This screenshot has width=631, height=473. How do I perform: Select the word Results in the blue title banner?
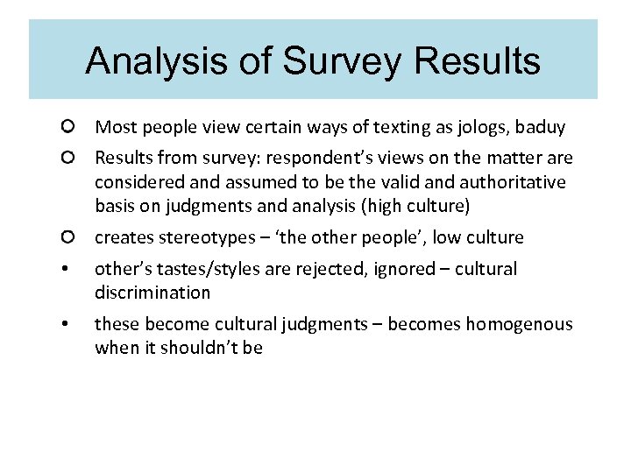click(478, 61)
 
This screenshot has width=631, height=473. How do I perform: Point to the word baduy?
click(541, 128)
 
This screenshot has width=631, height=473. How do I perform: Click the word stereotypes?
click(198, 237)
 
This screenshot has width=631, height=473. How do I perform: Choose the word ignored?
click(417, 269)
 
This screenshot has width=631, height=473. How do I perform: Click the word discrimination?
click(152, 292)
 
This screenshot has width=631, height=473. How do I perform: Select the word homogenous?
click(519, 324)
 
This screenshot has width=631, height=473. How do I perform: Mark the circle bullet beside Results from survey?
click(67, 159)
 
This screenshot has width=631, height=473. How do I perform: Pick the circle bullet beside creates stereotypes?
click(67, 237)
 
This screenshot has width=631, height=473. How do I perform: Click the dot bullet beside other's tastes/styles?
click(67, 270)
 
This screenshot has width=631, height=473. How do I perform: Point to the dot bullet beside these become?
click(67, 325)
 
